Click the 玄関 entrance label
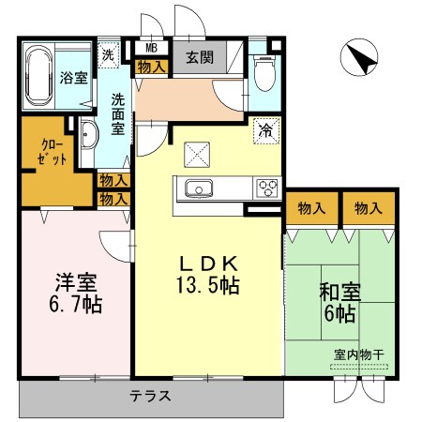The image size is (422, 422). click(199, 57)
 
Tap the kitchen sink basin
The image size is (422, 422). click(200, 188)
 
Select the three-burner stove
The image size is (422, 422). click(266, 188)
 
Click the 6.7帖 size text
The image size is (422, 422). click(74, 303)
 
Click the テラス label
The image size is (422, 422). click(150, 397)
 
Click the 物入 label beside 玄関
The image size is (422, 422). click(151, 68)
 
